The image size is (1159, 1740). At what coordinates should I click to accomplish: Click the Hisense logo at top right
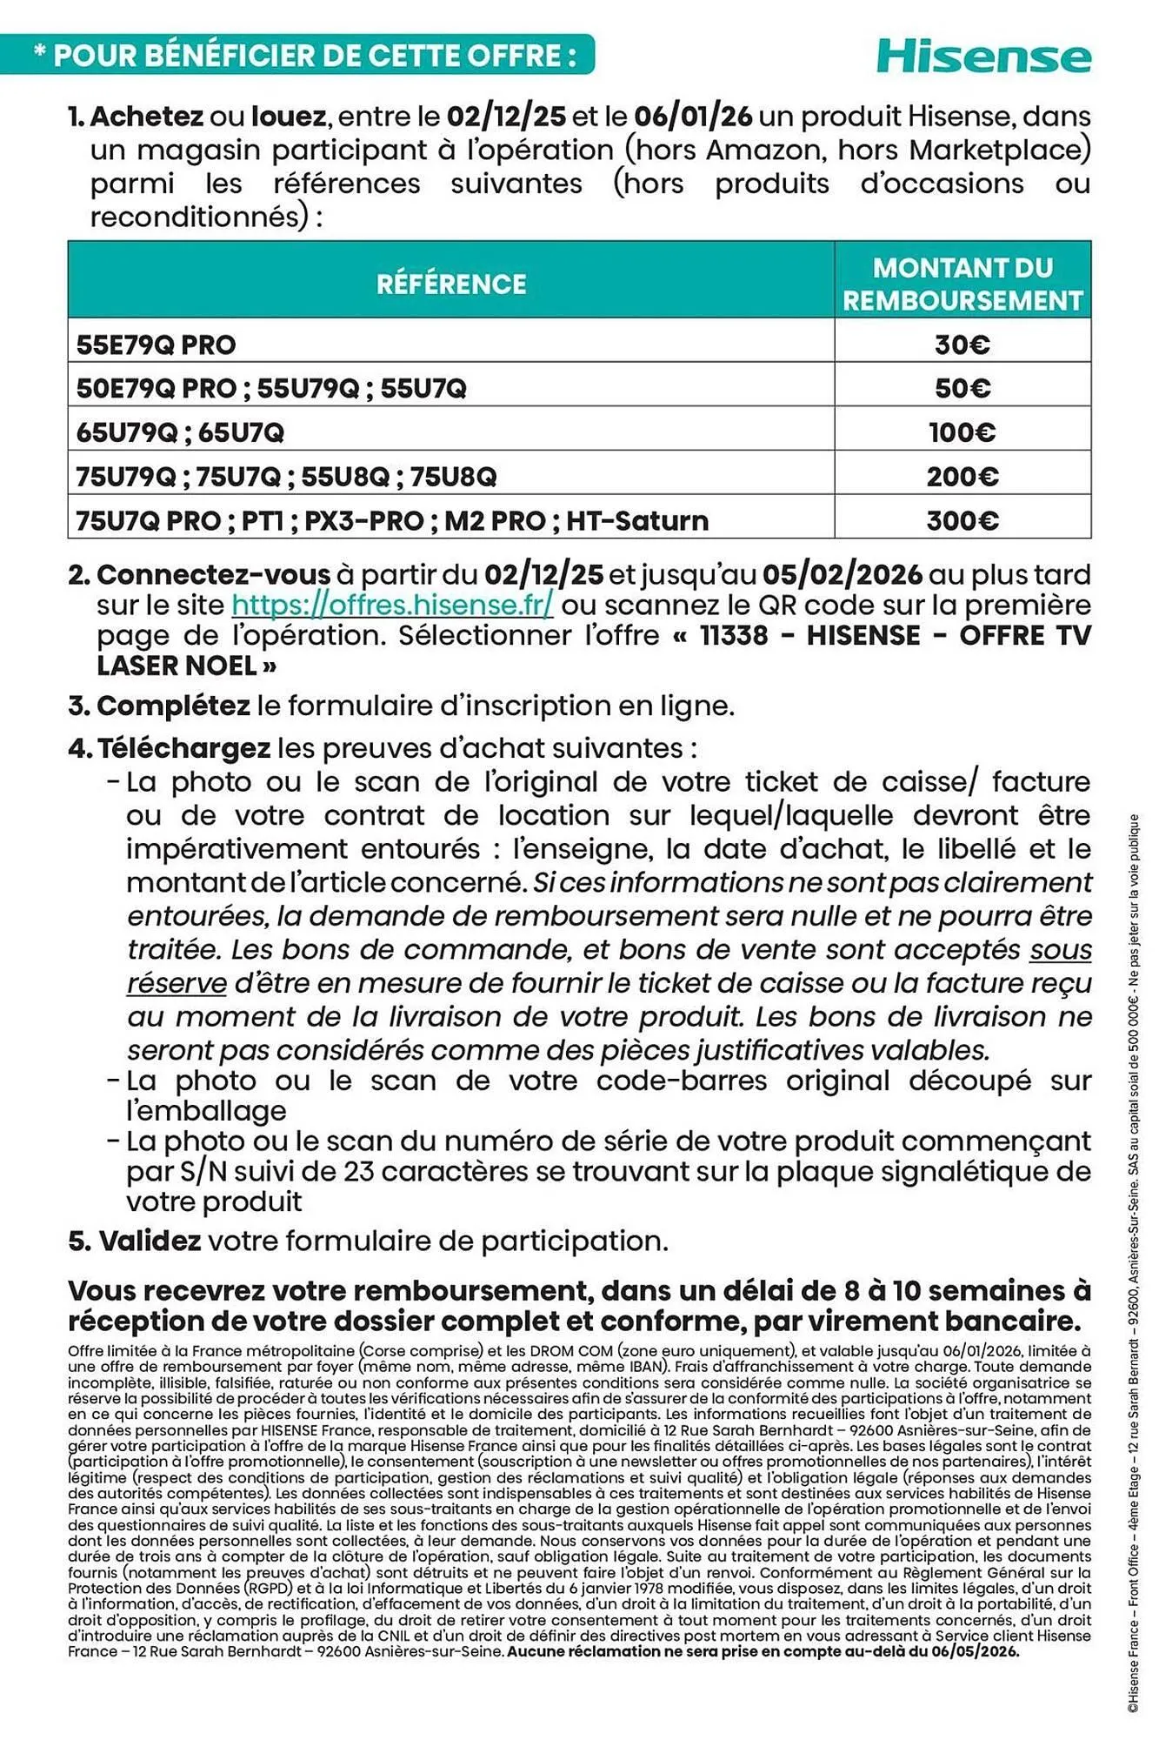click(983, 57)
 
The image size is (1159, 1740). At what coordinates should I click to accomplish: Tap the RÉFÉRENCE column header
click(451, 284)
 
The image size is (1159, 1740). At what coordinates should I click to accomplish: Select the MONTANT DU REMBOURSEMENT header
click(963, 284)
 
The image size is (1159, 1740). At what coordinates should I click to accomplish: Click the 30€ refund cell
click(963, 345)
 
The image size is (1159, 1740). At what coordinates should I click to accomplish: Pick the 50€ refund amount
click(963, 388)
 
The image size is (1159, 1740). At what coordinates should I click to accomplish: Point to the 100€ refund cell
click(963, 432)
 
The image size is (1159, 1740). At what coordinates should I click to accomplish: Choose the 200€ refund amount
click(963, 477)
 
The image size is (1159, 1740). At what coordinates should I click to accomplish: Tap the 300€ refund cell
click(963, 521)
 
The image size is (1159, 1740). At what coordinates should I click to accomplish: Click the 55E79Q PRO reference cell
click(157, 345)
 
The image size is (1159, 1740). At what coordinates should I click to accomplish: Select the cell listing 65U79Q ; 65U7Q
click(181, 432)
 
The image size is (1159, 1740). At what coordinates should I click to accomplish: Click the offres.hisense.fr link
click(392, 605)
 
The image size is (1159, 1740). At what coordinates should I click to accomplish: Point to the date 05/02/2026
click(842, 574)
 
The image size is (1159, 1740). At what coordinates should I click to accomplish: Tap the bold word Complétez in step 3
click(173, 706)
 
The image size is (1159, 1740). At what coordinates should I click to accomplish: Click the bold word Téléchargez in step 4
click(183, 748)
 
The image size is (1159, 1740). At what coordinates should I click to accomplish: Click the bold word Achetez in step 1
click(146, 116)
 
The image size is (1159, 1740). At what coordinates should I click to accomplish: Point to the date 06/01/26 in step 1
click(693, 116)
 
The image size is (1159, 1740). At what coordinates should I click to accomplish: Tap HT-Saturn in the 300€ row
click(637, 521)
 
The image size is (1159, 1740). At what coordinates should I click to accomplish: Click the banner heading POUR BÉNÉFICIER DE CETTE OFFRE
click(315, 56)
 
